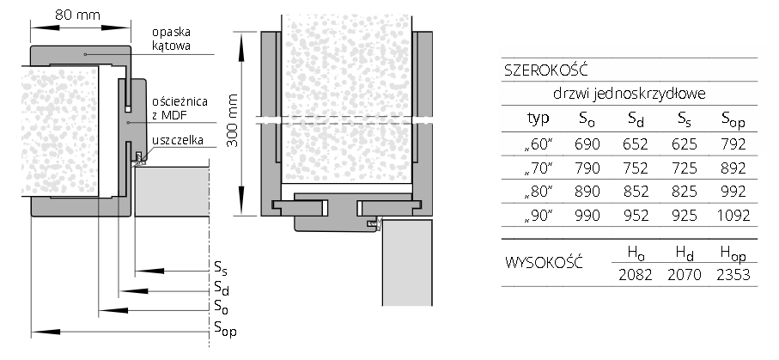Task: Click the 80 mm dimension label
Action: tap(77, 15)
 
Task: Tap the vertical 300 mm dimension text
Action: tap(233, 120)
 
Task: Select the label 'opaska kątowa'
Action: tap(172, 40)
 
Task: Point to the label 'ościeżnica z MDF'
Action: tap(180, 108)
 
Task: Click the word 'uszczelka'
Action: tap(178, 141)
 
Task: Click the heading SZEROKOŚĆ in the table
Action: tap(546, 70)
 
